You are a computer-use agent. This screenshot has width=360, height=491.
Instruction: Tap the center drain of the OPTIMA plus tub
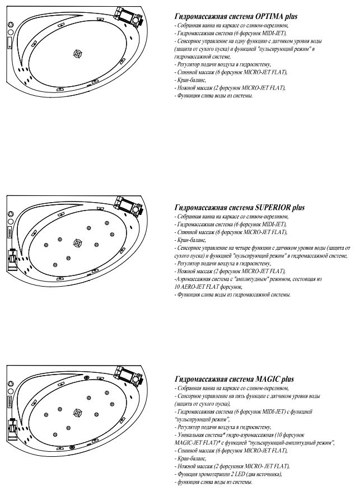coord(77,54)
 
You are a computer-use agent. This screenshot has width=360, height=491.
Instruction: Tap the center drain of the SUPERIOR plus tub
coord(77,242)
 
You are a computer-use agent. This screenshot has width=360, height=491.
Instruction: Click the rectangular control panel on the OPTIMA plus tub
coord(10,41)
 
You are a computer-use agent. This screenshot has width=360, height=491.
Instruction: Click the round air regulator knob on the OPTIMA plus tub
coord(11,24)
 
